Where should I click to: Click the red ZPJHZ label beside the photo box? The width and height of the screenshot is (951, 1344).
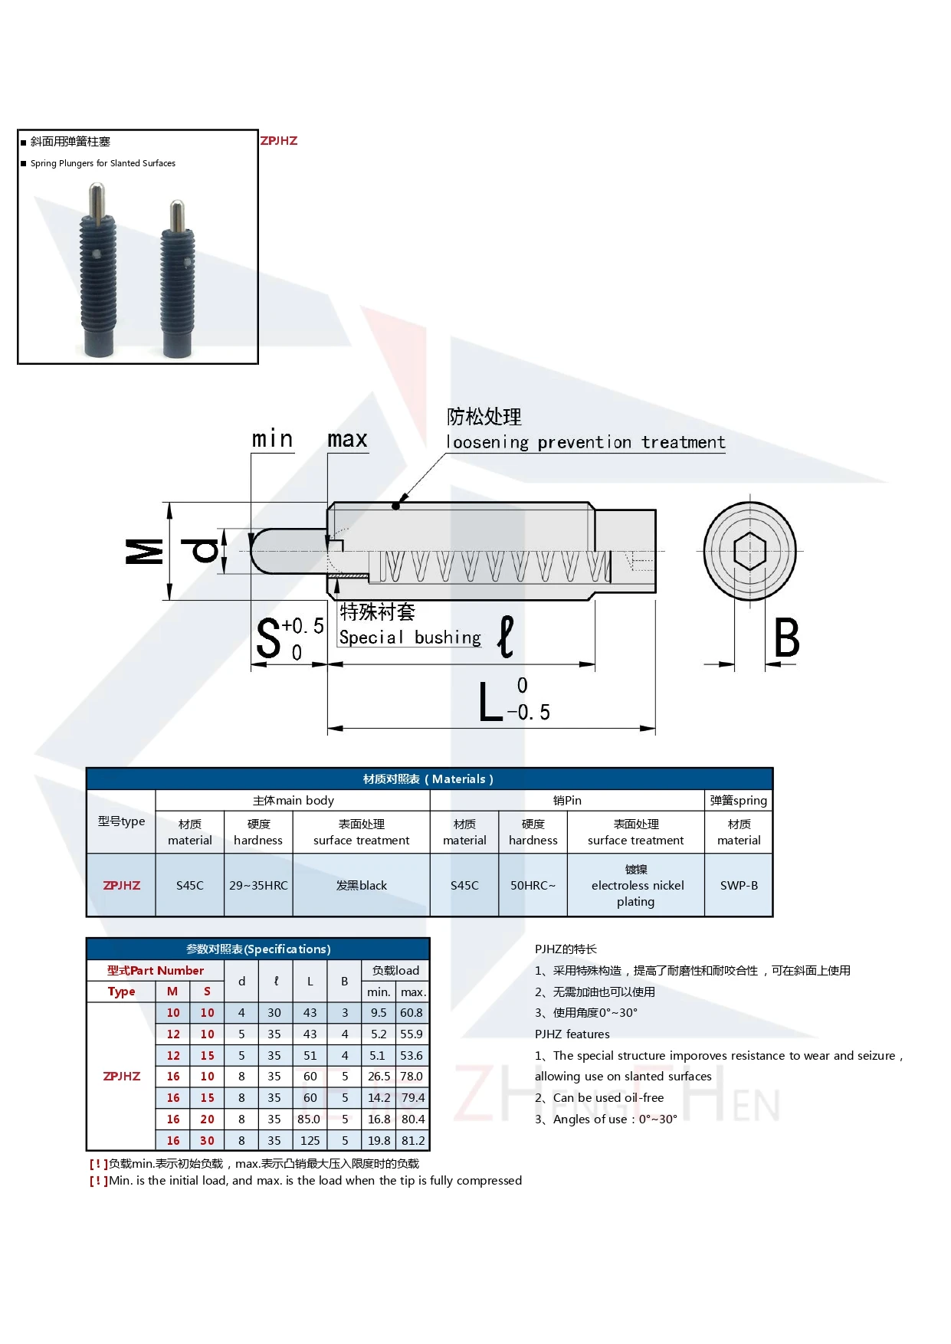(279, 141)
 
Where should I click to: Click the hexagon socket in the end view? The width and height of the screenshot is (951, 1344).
(749, 551)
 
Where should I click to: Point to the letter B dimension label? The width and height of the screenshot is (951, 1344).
(786, 638)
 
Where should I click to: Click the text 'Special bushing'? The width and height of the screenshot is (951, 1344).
(410, 638)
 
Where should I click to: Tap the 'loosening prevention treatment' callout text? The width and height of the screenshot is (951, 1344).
(585, 443)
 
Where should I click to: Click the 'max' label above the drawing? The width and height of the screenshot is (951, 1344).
(347, 440)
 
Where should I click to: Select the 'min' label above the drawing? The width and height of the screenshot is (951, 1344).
(273, 440)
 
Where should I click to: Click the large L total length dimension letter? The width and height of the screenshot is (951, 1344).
(490, 703)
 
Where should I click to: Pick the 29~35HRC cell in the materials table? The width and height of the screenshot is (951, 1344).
(258, 886)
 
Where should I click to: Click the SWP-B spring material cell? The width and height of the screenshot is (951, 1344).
(739, 886)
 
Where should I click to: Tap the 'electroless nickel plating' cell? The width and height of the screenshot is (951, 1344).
(636, 886)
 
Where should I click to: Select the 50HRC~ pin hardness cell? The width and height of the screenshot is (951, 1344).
(533, 886)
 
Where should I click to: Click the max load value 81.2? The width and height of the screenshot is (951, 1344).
(413, 1140)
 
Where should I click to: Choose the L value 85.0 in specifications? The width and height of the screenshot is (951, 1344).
(309, 1119)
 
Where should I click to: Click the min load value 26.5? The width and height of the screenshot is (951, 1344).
(379, 1077)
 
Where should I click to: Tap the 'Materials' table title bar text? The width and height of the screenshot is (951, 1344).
(428, 779)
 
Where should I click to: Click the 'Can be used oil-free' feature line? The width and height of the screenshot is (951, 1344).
(608, 1098)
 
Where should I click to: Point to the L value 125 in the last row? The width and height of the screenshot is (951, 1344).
(310, 1140)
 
